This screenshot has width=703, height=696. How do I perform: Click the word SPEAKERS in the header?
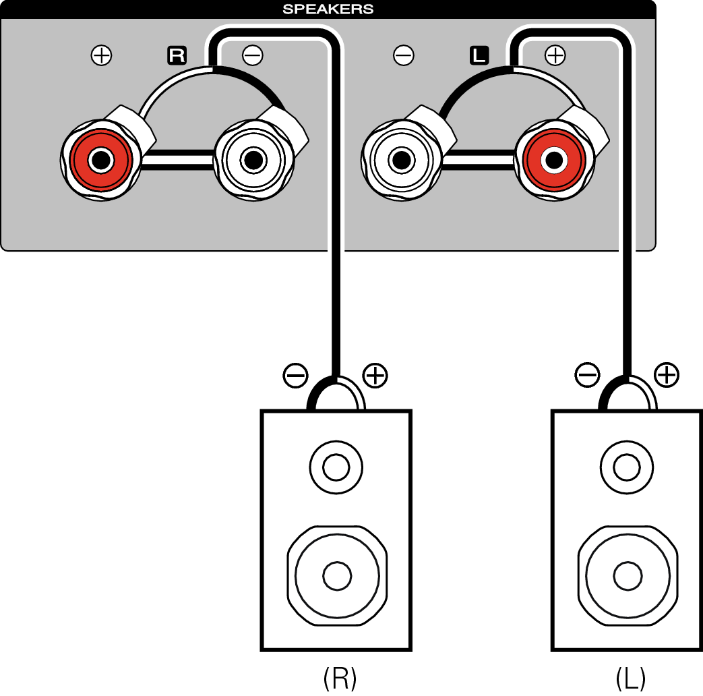(328, 9)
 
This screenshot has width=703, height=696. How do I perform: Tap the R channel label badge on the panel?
(176, 56)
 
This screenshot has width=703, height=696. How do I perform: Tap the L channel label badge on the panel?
(479, 56)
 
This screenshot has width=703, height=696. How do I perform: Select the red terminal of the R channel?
(101, 161)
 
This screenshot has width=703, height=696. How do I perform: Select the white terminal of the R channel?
(253, 161)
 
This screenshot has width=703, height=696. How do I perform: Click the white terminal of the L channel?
(402, 161)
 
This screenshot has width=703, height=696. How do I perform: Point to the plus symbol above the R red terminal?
(101, 56)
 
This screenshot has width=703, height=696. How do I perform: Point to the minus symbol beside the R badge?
(252, 56)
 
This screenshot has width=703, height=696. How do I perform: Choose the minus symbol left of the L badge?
(404, 56)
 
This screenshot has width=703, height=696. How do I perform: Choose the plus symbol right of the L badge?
(555, 56)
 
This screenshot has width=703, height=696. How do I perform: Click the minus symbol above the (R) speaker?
(296, 376)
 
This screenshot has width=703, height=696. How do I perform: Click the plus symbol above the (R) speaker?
(375, 376)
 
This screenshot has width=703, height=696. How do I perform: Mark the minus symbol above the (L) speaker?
(587, 376)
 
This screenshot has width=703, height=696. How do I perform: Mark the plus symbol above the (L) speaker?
(667, 376)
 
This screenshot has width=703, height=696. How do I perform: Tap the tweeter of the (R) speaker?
(336, 466)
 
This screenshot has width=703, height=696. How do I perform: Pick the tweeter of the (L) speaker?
(627, 466)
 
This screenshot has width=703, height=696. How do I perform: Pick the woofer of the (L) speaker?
(628, 575)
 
